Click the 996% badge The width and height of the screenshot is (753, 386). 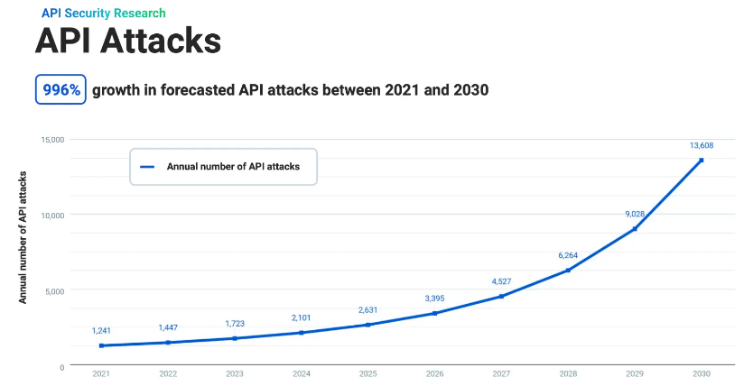tap(60, 90)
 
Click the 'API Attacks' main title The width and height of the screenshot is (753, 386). tap(127, 41)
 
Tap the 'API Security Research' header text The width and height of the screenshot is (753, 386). tap(104, 14)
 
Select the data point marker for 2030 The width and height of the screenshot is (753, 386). tap(701, 161)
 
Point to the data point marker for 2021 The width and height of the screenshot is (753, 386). tap(101, 345)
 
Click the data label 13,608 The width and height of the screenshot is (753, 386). tap(701, 145)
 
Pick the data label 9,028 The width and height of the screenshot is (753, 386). tap(634, 214)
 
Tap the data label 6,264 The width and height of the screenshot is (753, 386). tap(568, 255)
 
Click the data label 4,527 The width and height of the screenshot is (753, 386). tap(501, 281)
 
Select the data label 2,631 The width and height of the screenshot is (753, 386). tap(367, 309)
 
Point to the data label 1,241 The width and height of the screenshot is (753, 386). tap(101, 330)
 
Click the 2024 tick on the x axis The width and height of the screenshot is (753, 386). tap(301, 373)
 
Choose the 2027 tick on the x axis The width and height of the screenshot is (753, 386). tap(501, 373)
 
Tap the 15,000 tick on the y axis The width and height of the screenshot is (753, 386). tap(52, 140)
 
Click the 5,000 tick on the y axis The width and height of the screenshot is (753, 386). tap(55, 291)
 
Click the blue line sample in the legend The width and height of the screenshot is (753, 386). tap(148, 167)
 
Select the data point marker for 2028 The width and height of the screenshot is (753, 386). tap(568, 271)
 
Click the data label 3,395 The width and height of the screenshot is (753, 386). tap(434, 298)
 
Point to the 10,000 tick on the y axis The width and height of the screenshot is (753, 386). tap(52, 216)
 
